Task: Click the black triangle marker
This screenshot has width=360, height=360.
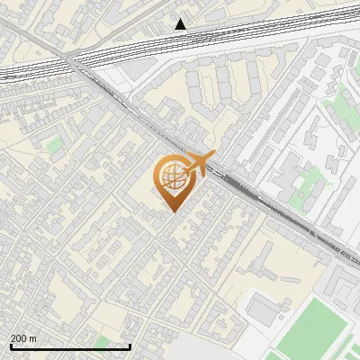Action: [181, 24]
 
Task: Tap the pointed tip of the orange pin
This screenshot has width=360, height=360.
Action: [173, 211]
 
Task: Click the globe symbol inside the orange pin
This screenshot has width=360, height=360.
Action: [171, 178]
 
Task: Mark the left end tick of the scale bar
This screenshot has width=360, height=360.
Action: [11, 346]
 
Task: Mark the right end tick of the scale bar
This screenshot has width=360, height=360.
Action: [130, 346]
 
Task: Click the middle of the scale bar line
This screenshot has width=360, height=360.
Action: [70, 347]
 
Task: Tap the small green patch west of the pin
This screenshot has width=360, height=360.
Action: [56, 144]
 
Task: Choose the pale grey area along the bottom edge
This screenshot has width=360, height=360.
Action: [207, 351]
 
